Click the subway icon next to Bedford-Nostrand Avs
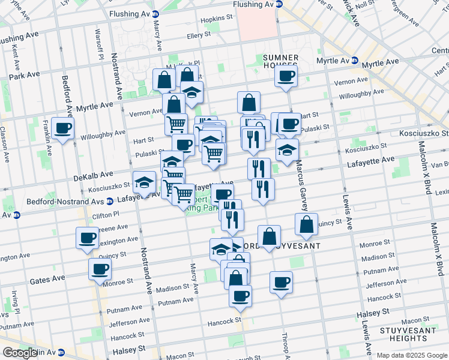tap(110, 202)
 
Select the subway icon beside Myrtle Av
tap(355, 61)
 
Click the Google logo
tap(19, 353)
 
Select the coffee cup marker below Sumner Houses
tap(286, 76)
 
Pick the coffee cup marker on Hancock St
tap(240, 296)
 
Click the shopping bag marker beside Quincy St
tap(306, 225)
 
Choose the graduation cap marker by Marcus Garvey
tap(288, 149)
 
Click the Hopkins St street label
tap(217, 19)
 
